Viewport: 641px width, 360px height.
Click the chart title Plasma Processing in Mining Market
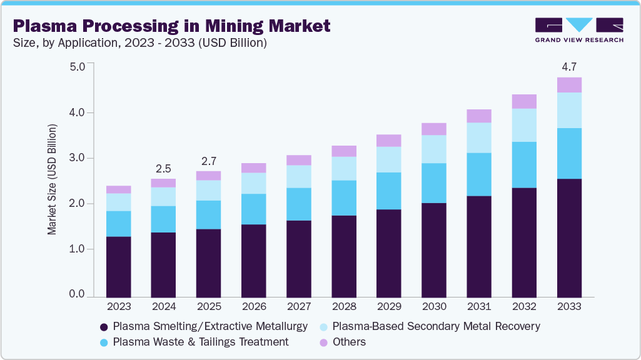click(171, 26)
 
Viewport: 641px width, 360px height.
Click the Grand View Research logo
click(579, 30)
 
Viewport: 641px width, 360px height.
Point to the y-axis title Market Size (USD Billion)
click(53, 179)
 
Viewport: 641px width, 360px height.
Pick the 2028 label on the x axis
click(344, 307)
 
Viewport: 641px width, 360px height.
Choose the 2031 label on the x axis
click(479, 307)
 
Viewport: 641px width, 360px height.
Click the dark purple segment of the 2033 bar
click(569, 237)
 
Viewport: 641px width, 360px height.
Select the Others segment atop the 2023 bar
click(118, 189)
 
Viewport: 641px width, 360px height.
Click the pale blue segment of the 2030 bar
click(434, 149)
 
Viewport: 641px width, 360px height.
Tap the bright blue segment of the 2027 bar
click(299, 204)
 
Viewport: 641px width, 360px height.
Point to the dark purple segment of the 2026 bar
click(254, 260)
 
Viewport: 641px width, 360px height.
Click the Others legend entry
click(349, 342)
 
